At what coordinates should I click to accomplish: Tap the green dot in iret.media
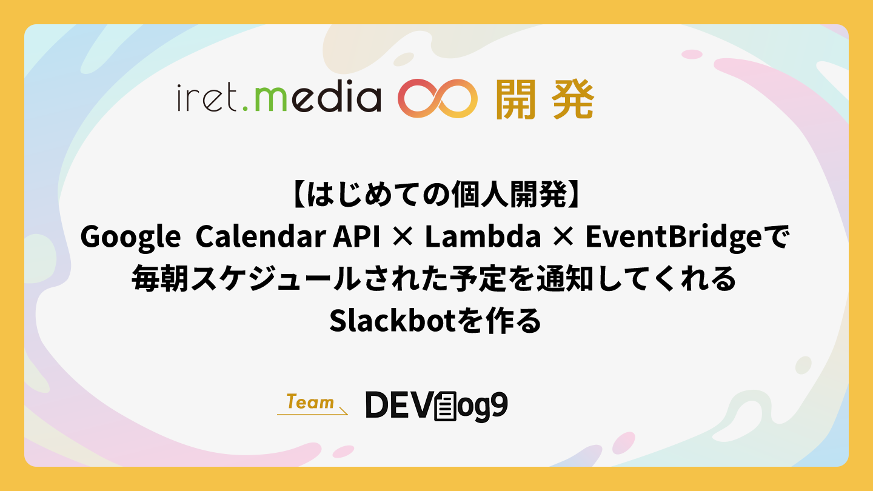coord(245,109)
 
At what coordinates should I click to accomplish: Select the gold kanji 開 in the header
coord(515,99)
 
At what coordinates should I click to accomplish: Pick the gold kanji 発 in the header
coord(574,99)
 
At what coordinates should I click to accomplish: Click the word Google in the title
coord(130,238)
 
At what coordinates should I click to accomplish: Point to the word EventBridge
coord(674,238)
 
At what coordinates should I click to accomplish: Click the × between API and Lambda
coord(403,237)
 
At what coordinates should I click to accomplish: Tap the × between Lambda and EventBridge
coord(563,237)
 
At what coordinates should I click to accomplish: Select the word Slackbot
coord(393,321)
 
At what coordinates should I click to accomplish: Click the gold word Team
coord(310,402)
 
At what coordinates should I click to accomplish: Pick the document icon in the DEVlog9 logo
coord(445,406)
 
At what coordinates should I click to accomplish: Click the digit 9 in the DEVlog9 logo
coord(498,406)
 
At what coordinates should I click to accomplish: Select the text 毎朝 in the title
coord(160,278)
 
